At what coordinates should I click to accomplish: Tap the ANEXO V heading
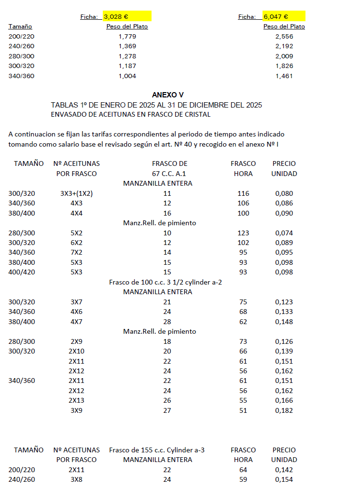click(167, 95)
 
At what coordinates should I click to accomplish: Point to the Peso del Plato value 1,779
click(127, 36)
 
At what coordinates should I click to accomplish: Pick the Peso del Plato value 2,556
click(284, 36)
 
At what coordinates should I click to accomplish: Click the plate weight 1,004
click(127, 76)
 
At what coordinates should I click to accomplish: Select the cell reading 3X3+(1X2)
click(76, 193)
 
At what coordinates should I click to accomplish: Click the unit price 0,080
click(284, 193)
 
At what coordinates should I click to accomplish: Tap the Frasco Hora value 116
click(243, 193)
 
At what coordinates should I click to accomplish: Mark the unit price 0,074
click(284, 233)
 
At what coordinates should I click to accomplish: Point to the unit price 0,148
click(284, 322)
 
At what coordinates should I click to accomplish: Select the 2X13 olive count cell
click(76, 401)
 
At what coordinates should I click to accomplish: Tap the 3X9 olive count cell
click(76, 410)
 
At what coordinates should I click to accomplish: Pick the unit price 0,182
click(284, 410)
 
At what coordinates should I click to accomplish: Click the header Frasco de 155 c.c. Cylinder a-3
click(157, 450)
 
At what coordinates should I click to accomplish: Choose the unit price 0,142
click(284, 470)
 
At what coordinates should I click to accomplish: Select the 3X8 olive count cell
click(76, 479)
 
